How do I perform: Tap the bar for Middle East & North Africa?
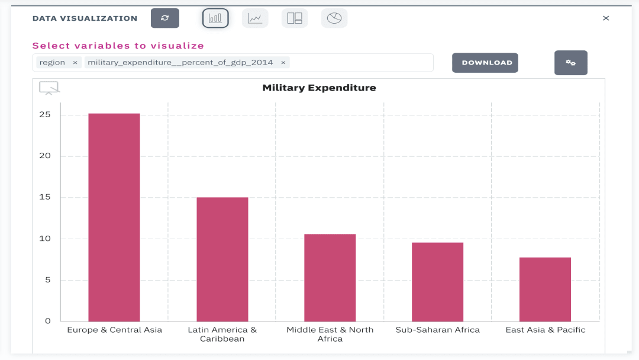coord(330,278)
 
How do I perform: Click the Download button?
coord(485,63)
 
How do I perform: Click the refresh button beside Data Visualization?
coord(165,18)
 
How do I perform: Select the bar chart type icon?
coord(215,18)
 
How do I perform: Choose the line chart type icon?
coord(255,18)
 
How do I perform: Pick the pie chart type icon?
coord(334,18)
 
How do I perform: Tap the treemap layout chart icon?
coord(295,18)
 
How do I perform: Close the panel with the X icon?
coord(606,18)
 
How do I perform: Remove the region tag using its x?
coord(75,63)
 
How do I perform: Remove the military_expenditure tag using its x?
coord(283,63)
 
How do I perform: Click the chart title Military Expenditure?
coord(319,88)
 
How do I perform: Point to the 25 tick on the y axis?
coord(46,114)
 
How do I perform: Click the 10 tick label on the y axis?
coord(46,239)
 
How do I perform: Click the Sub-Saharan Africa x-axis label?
coord(438,330)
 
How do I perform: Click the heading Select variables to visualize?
coord(118,46)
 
